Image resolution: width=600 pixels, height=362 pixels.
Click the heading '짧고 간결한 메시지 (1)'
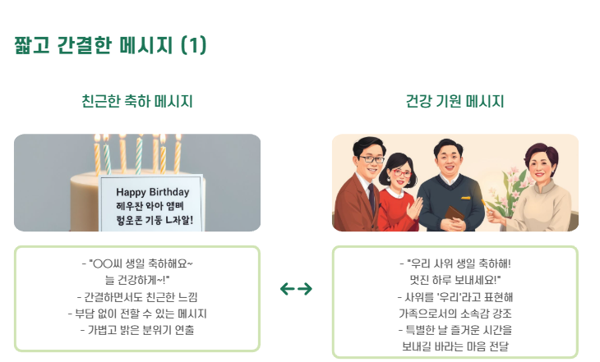[x=110, y=45]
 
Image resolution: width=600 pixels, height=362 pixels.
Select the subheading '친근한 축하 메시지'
[x=137, y=102]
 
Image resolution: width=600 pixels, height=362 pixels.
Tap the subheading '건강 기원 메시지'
[x=455, y=102]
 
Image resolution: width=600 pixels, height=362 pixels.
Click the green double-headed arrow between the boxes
[x=296, y=289]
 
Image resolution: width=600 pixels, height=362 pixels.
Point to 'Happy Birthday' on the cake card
[x=152, y=191]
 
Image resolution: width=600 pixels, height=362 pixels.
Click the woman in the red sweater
[x=399, y=197]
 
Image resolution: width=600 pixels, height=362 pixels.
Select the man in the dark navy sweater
[x=450, y=193]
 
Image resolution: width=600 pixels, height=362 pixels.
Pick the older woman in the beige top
[x=538, y=193]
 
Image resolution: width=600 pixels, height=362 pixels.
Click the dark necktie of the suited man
[x=372, y=197]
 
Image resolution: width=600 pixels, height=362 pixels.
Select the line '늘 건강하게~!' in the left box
[x=136, y=280]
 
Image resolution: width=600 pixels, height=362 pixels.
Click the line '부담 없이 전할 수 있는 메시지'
[x=136, y=314]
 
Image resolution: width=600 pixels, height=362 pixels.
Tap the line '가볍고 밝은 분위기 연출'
[x=136, y=330]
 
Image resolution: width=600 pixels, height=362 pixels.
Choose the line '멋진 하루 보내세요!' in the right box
[x=455, y=280]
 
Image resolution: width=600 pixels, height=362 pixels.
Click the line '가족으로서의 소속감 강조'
[x=455, y=314]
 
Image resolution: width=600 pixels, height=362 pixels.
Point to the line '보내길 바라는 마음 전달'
[x=455, y=346]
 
